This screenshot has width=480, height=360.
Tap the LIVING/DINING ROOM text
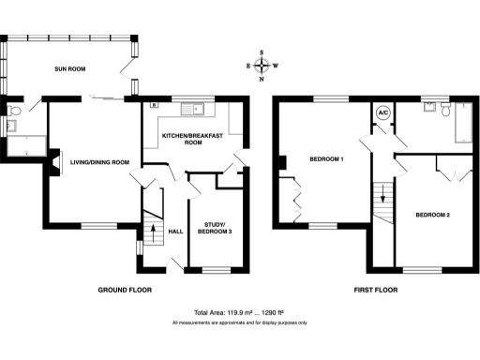pos(99,162)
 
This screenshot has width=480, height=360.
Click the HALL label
pos(175,232)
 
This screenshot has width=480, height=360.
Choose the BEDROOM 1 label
pos(327,159)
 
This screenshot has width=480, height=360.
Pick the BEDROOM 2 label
pos(433,216)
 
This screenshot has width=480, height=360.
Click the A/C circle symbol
pos(382,112)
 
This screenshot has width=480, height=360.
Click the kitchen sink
pos(198,109)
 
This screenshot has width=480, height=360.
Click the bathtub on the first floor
pos(465,124)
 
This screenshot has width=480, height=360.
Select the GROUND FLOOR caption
pos(127,290)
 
